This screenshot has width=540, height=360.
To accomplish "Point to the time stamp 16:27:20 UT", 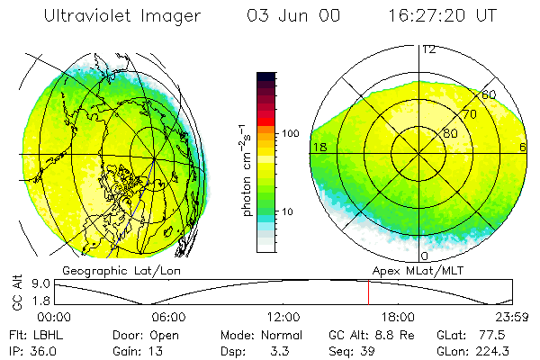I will click(x=430, y=17).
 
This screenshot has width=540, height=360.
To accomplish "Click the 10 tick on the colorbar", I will click(x=288, y=212).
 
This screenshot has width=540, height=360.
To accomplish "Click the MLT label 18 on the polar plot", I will click(x=319, y=147).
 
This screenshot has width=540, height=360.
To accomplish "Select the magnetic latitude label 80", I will click(x=450, y=133).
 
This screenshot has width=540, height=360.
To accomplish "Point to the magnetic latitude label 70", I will click(x=470, y=114).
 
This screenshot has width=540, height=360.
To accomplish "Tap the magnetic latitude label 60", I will click(x=489, y=95).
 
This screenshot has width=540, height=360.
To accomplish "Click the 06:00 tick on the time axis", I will click(x=168, y=317).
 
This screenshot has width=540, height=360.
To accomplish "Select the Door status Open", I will click(x=163, y=334).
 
